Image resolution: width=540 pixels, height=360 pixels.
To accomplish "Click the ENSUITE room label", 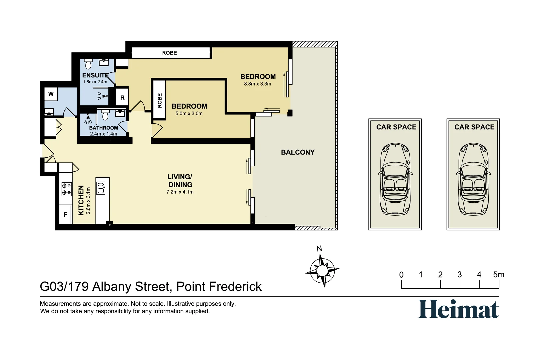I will [95, 75].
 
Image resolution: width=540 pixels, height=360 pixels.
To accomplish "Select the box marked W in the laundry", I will [51, 94].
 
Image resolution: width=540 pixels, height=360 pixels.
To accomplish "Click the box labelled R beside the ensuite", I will [122, 97].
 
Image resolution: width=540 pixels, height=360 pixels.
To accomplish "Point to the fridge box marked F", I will [65, 215].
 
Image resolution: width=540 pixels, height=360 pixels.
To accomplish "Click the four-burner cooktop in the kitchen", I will [67, 189].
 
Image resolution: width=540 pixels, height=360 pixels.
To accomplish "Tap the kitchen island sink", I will [101, 188].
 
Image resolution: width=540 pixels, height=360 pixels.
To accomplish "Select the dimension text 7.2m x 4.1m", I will [180, 192].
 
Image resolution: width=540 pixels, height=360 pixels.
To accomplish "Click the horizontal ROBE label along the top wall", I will [169, 53].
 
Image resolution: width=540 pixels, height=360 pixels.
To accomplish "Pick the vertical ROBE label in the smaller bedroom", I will [160, 100].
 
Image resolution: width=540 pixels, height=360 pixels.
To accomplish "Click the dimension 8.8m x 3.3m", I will [258, 84].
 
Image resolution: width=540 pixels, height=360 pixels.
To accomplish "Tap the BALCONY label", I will [298, 152].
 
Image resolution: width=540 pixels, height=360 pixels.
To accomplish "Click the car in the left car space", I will [395, 179].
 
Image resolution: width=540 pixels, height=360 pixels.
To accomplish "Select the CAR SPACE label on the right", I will [474, 127].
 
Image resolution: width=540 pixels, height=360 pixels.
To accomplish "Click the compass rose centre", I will [322, 270].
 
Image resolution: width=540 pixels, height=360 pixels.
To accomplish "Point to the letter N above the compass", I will [319, 249].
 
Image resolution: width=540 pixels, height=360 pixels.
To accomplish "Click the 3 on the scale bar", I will [460, 275].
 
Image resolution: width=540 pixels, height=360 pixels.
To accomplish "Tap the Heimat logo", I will [459, 309].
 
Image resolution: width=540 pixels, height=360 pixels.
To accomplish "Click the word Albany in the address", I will [112, 287].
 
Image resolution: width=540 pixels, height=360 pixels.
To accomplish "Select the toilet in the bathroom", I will [105, 115].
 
